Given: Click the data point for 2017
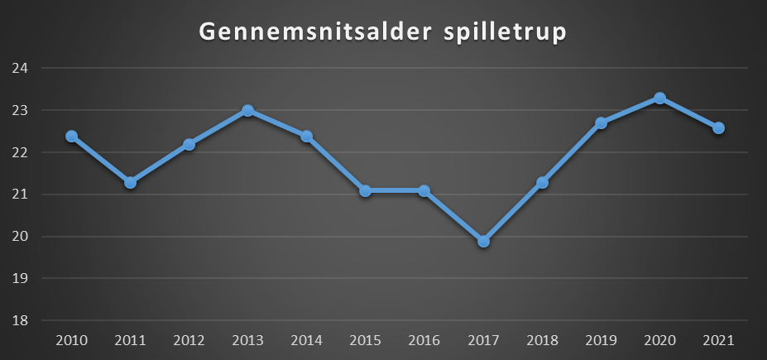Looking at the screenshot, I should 483,241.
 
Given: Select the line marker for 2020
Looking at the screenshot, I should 659,98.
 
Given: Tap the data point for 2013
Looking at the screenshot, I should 247,110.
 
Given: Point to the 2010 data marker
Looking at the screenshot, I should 71,136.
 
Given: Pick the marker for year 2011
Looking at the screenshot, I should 130,182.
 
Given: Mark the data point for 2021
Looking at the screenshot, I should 718,127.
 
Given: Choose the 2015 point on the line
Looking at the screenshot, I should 365,190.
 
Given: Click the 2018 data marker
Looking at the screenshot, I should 542,182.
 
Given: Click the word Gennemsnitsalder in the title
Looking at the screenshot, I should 307,34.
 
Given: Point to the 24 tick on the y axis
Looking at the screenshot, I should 20,69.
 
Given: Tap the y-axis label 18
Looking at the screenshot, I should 20,321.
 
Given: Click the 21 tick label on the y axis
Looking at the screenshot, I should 20,194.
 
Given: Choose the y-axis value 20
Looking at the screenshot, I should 20,237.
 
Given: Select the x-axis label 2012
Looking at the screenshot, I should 189,340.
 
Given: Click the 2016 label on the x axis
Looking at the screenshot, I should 424,340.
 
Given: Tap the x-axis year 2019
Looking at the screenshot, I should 601,340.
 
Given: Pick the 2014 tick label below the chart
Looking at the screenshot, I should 306,340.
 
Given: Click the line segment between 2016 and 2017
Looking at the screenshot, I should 453,216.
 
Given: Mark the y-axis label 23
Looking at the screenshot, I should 20,111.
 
